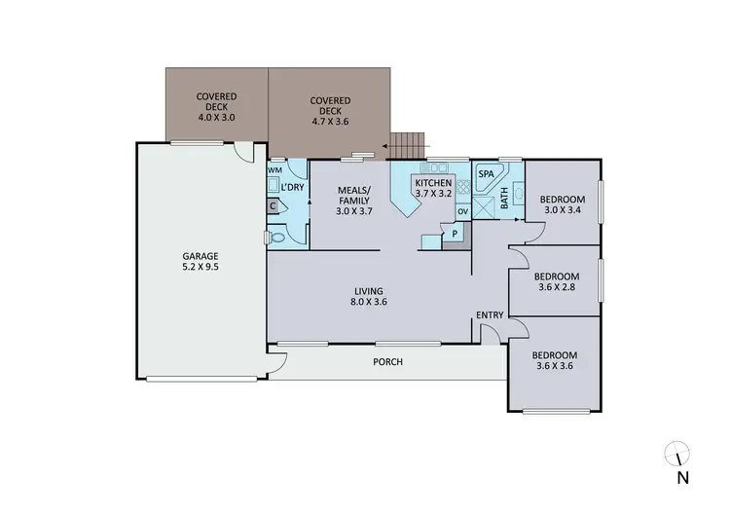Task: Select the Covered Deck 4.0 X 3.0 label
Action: click(217, 106)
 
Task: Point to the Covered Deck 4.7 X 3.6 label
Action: click(329, 106)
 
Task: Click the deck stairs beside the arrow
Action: click(408, 146)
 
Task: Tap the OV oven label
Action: click(462, 211)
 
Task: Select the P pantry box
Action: click(455, 234)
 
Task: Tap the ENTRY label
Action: click(489, 314)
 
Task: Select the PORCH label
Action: click(387, 362)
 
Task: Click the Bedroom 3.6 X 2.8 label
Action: click(558, 281)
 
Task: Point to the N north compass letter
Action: click(683, 477)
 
